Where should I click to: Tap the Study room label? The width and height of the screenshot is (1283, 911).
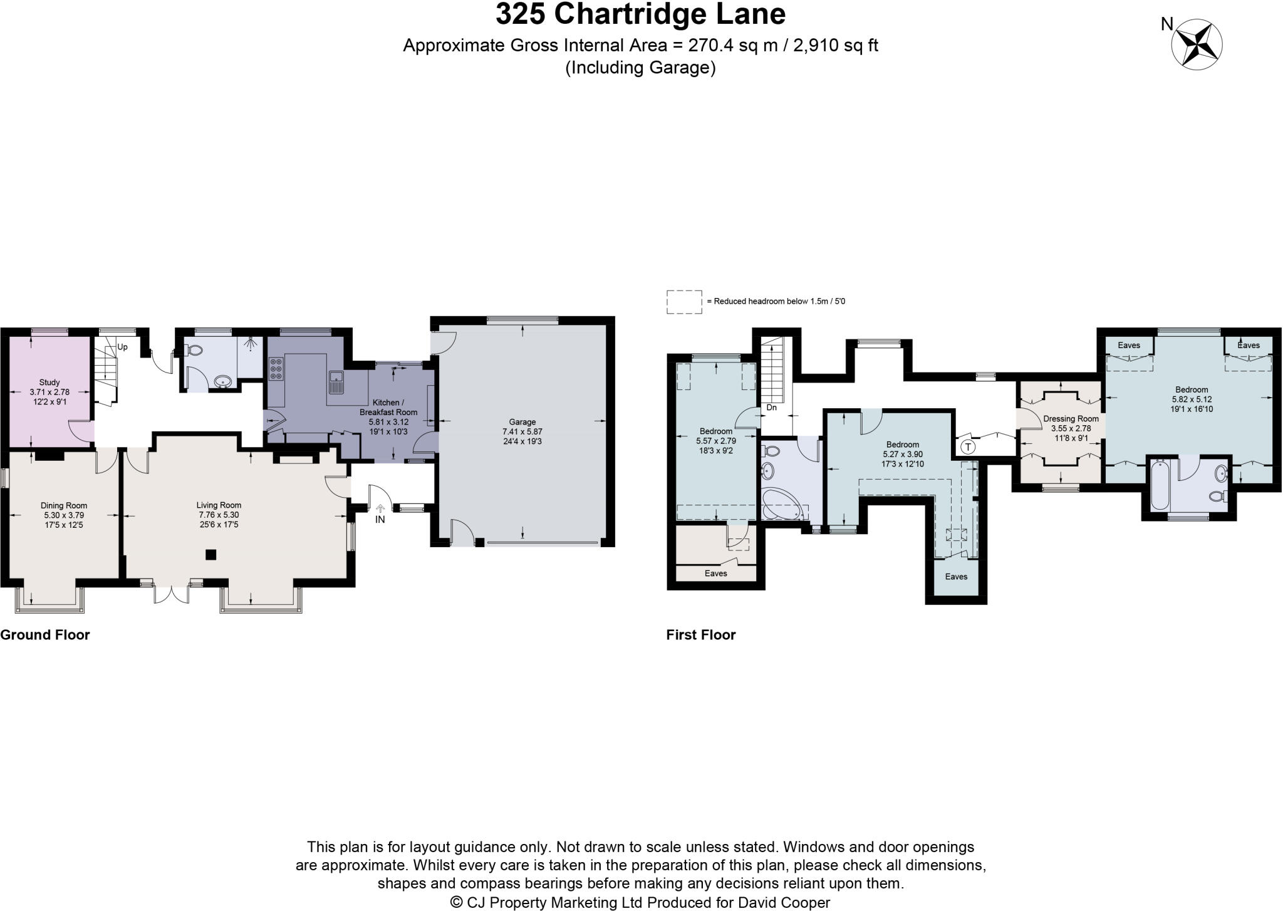49,382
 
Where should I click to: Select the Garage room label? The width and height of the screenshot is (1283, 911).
522,422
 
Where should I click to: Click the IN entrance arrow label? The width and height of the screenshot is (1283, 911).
380,519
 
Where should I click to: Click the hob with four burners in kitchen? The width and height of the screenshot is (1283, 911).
276,369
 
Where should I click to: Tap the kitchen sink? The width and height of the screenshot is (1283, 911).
336,381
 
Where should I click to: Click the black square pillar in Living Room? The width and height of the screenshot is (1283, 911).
211,554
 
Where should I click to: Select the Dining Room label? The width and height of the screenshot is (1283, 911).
64,505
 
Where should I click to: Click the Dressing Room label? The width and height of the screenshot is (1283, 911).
1071,419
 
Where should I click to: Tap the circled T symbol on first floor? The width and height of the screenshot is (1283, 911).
968,446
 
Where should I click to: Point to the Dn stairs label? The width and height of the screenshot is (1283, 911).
772,408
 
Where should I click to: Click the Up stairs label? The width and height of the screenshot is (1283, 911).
123,347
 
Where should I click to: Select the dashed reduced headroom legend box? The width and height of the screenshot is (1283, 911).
683,301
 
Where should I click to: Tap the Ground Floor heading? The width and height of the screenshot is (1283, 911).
45,635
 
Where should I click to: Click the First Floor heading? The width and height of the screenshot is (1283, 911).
701,635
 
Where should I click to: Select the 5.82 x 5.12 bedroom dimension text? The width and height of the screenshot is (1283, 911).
1191,399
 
